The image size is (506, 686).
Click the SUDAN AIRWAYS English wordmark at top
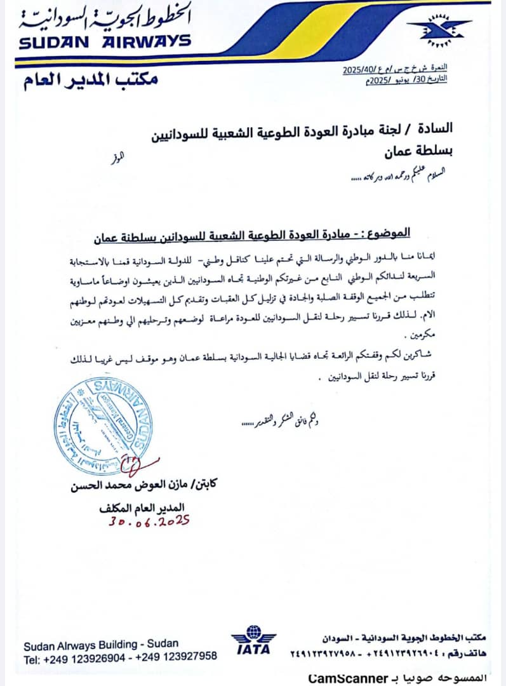point(105,41)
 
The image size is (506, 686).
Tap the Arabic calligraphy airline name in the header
point(105,18)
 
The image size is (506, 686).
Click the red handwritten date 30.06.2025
point(149,521)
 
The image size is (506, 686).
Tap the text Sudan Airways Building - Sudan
point(101,645)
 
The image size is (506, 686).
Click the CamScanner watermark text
point(348,678)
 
